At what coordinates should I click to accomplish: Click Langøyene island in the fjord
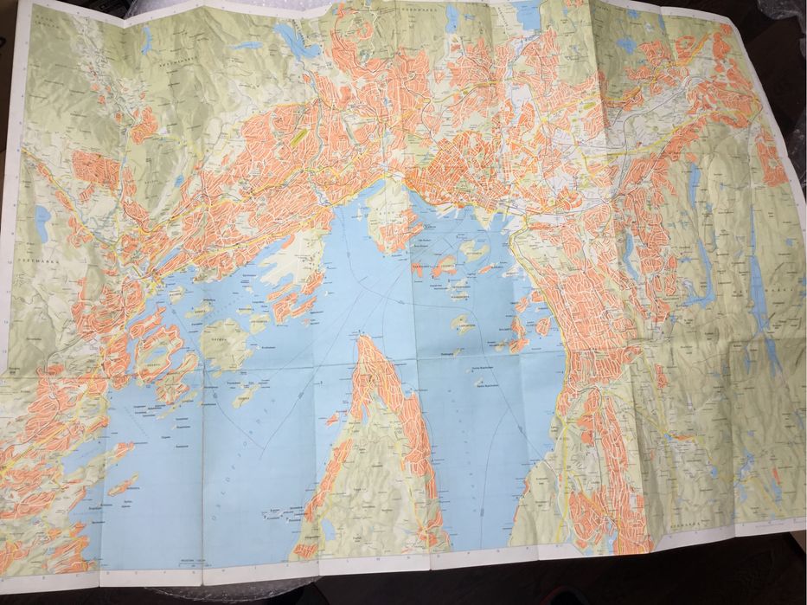coord(464,325)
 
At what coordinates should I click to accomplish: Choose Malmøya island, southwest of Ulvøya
coord(517,333)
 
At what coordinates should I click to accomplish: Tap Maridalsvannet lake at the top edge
coord(526,15)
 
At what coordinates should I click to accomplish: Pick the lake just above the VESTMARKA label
coord(42,223)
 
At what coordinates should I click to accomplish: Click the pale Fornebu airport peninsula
coord(290,264)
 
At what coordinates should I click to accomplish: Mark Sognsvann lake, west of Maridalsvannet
coord(452,19)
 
